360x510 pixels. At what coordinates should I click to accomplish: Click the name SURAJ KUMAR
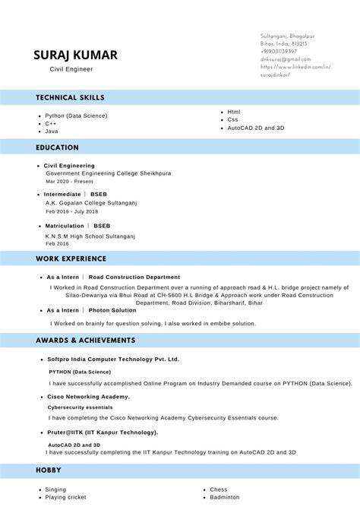[75, 55]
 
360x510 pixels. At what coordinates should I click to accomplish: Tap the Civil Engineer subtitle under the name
[71, 69]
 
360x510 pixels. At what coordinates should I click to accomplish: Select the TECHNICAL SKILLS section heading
[70, 97]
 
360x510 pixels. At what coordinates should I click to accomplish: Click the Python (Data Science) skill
[76, 116]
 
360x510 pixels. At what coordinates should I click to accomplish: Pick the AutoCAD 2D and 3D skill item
[255, 128]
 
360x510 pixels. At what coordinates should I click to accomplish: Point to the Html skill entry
[234, 112]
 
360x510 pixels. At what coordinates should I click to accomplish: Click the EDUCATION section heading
[57, 147]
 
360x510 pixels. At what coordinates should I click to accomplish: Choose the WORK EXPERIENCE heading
[72, 259]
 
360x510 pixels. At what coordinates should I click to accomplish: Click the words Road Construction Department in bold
[134, 277]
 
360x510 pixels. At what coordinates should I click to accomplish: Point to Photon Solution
[112, 310]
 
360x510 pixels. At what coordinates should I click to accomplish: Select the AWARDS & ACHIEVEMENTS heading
[85, 340]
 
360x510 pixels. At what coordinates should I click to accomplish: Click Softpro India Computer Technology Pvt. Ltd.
[113, 359]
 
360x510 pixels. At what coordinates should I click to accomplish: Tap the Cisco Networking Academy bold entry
[88, 397]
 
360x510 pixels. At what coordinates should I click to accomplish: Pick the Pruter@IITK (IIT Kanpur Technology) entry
[103, 432]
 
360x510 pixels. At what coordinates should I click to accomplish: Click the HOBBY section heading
[49, 470]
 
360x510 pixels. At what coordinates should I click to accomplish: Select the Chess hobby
[218, 489]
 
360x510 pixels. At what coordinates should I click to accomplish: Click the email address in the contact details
[286, 59]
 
